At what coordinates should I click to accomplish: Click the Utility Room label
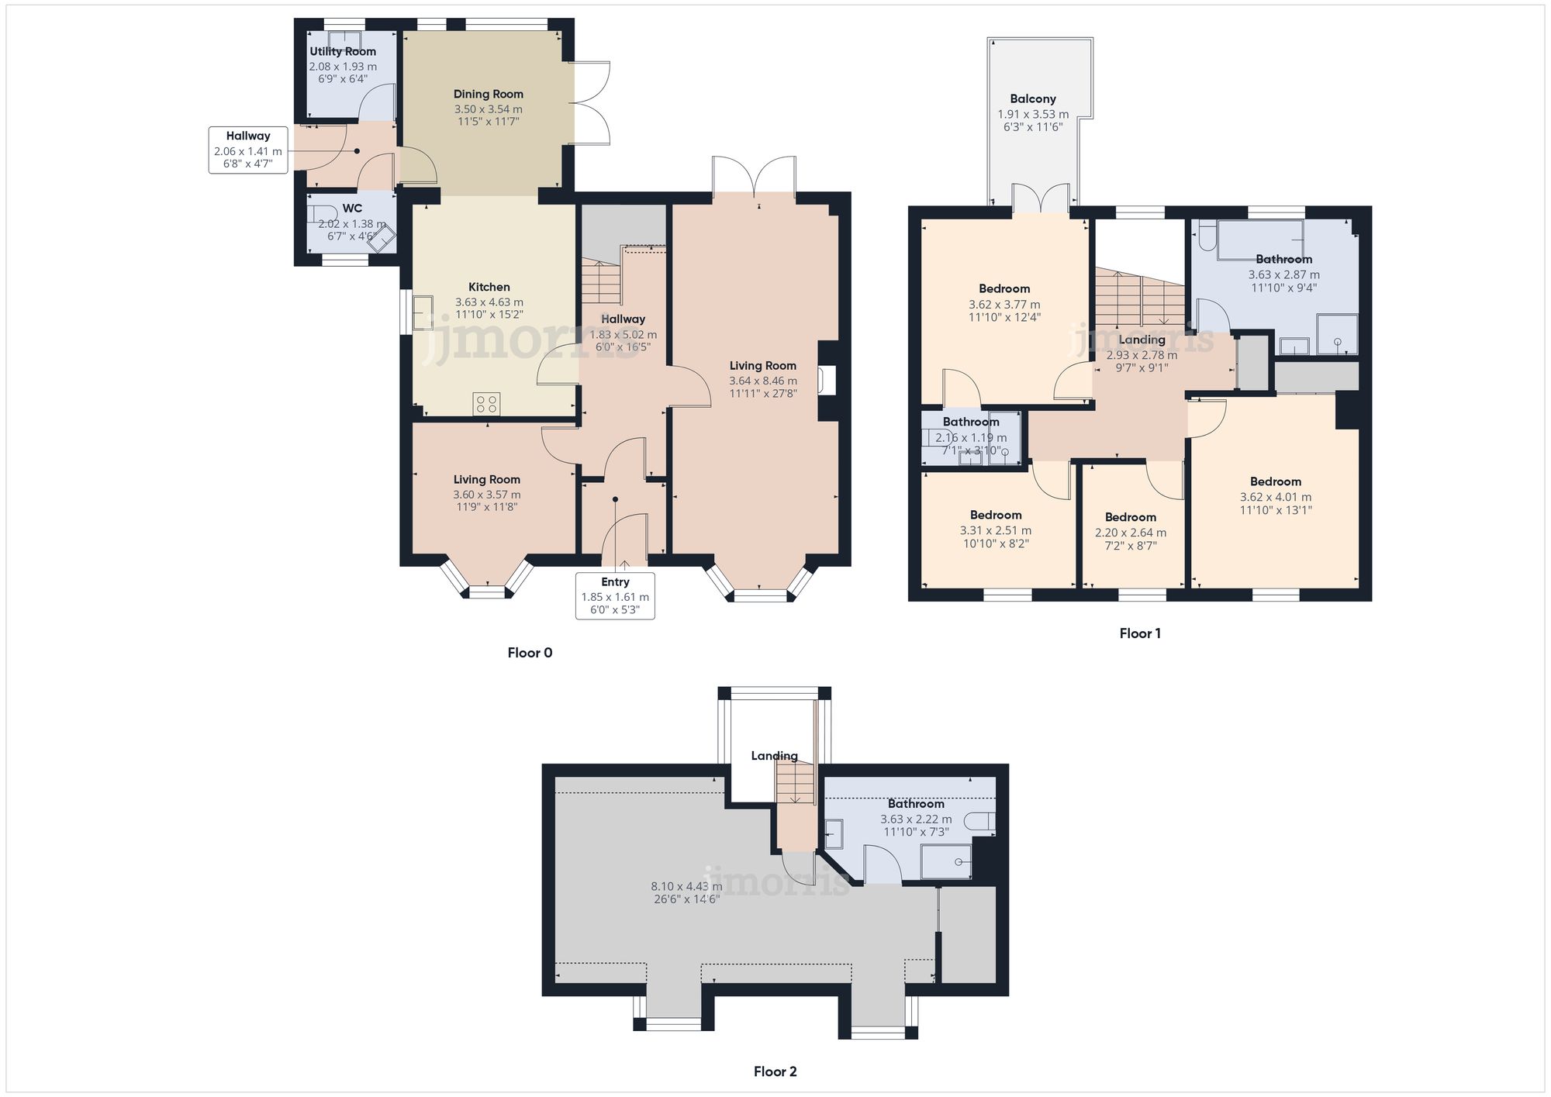point(343,51)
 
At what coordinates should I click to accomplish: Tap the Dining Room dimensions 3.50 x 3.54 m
point(488,109)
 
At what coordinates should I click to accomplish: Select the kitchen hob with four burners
point(487,404)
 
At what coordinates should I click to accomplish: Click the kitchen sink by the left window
point(423,313)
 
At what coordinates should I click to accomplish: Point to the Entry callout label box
point(615,595)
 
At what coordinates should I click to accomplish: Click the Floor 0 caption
point(530,653)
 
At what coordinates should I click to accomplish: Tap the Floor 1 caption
point(1140,633)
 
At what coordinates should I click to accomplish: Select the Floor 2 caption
point(775,1071)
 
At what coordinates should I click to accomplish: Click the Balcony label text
point(1032,98)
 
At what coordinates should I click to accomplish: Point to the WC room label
point(352,208)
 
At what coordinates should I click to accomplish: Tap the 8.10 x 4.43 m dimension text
point(686,886)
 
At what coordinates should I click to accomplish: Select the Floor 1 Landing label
point(1142,340)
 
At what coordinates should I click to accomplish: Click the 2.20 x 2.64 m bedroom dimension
point(1130,533)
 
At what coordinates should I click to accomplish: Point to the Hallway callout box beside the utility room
point(248,150)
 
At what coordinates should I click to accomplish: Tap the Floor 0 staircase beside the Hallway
point(601,283)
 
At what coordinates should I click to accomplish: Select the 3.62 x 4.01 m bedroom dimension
point(1275,497)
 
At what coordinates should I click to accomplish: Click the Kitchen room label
point(489,287)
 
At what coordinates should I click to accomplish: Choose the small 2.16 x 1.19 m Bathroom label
point(971,422)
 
